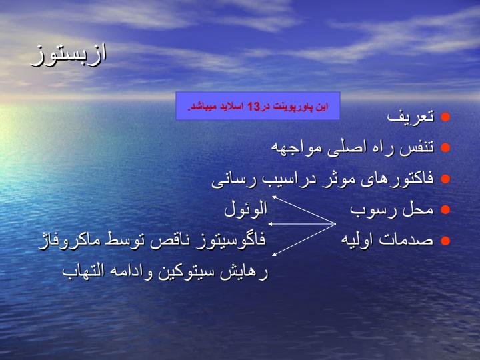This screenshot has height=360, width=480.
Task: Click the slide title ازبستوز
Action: coord(69,55)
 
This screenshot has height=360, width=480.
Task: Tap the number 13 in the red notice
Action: coord(253,107)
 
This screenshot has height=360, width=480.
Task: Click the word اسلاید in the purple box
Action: coord(233,107)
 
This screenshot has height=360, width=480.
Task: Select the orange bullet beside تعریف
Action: coord(445,117)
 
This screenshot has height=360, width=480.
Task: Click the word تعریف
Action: coord(411,117)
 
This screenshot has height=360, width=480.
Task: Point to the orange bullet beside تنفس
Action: coord(445,148)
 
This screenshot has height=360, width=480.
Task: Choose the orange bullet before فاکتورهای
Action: coord(445,179)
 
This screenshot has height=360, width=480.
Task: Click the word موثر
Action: coord(337,179)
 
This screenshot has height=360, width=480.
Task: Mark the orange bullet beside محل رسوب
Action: coord(445,210)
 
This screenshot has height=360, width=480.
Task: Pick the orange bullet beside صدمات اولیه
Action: coord(445,241)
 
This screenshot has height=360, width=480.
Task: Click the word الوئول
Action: coord(246,210)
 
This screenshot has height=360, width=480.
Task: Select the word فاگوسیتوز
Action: coord(227,239)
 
